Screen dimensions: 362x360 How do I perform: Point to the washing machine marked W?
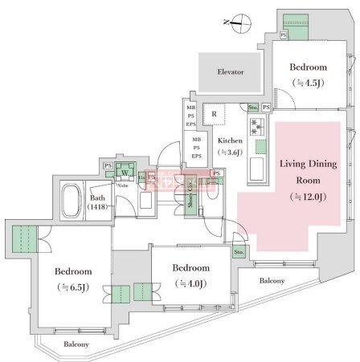tap(125, 170)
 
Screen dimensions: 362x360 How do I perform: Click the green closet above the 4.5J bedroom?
tap(299, 31)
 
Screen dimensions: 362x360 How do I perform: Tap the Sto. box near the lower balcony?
tap(239, 252)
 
